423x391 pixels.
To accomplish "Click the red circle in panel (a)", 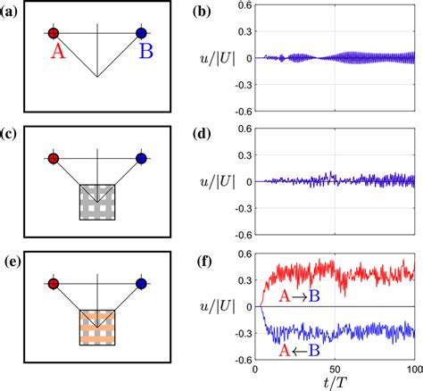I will (54, 34).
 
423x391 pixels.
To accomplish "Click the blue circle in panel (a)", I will (141, 34).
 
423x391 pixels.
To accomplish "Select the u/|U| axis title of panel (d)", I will (218, 181).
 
